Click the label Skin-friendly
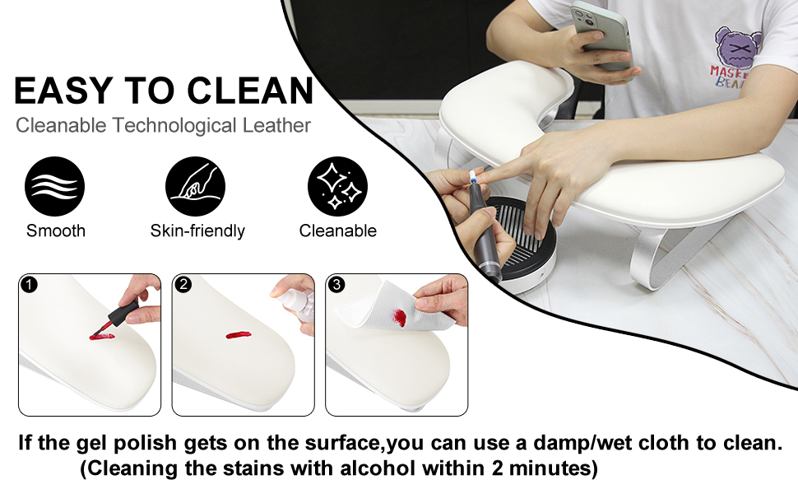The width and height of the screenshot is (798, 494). [x=197, y=231]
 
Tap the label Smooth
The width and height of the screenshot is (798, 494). [x=56, y=231]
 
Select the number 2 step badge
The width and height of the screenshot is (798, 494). [x=184, y=286]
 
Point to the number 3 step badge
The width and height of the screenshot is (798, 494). [x=337, y=286]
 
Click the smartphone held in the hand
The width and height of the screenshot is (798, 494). [x=600, y=33]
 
